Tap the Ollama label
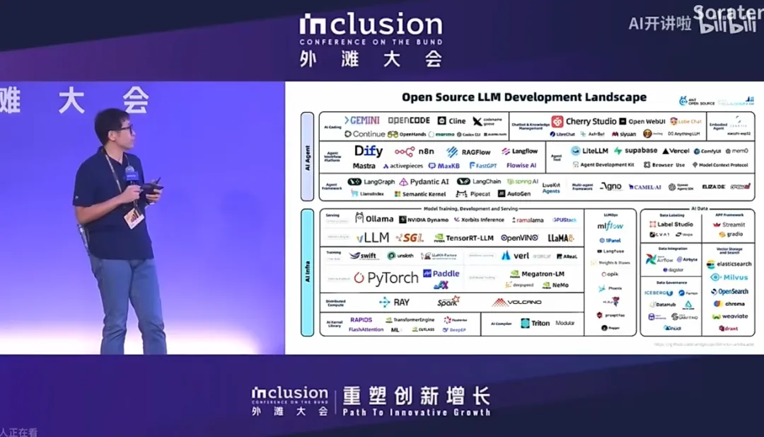(x=375, y=218)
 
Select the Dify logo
(x=369, y=151)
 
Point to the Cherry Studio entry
(x=584, y=121)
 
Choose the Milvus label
(x=729, y=277)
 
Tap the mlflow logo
(x=610, y=226)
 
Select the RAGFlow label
(x=470, y=152)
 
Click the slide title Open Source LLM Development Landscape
(x=523, y=97)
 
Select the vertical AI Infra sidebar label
(x=307, y=273)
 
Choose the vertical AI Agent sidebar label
(x=307, y=156)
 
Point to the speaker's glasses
(x=125, y=130)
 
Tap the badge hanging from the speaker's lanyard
(x=133, y=217)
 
